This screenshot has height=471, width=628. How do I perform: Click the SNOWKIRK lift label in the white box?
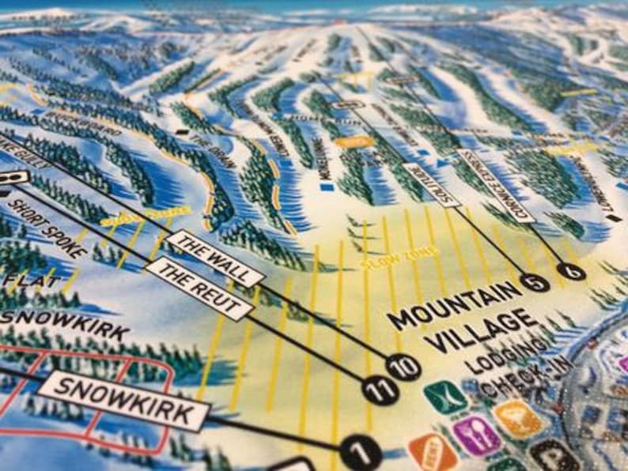(x=123, y=401)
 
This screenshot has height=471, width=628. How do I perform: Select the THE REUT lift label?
(x=199, y=287)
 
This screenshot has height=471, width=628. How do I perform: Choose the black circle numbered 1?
(x=361, y=454)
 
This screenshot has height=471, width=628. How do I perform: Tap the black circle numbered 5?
(x=535, y=282)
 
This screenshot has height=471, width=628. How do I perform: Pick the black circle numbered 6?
(x=571, y=272)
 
